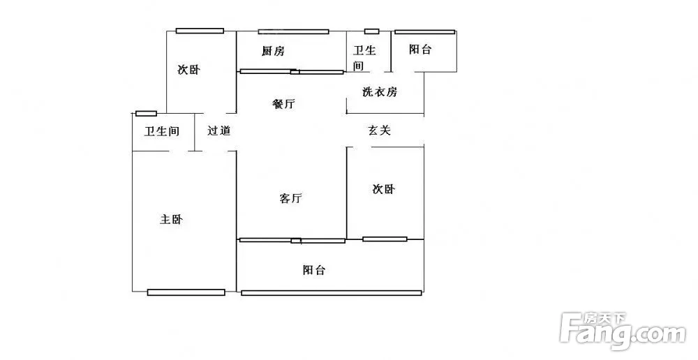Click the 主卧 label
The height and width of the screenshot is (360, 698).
(171, 220)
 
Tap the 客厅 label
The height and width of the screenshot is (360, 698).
(290, 199)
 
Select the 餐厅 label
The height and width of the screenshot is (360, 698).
(283, 105)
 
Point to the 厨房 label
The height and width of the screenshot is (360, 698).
(273, 51)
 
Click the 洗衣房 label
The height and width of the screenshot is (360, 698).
(379, 92)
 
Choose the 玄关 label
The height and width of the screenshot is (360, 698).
(379, 130)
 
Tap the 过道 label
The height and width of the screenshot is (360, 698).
(218, 130)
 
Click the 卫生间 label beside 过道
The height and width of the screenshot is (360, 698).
(162, 131)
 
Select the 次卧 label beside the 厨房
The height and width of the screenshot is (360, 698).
(188, 70)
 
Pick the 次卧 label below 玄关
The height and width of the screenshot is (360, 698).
(383, 189)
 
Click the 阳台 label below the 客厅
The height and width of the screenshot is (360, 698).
(314, 270)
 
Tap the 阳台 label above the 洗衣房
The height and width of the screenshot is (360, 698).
(420, 50)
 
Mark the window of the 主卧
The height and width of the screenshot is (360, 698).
(186, 292)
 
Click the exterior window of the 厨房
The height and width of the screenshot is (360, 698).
(293, 31)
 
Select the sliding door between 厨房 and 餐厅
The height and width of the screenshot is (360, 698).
(292, 71)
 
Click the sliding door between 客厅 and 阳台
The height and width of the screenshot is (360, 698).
(292, 240)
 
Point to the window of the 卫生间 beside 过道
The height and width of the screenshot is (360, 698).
(146, 113)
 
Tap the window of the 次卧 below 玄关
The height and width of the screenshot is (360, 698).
(385, 239)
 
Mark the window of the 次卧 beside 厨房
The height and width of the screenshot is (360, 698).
(200, 31)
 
